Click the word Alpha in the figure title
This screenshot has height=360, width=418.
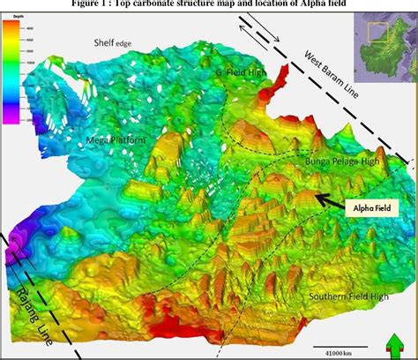click(x=285, y=5)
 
